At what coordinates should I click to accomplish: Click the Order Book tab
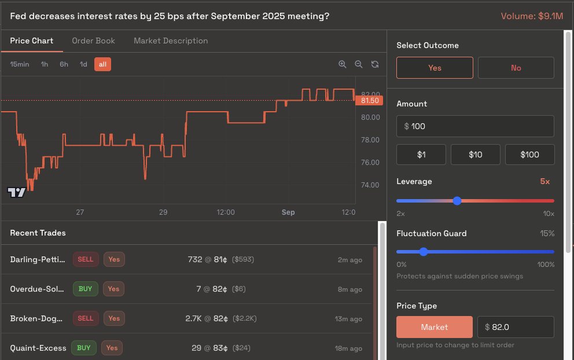[x=93, y=41]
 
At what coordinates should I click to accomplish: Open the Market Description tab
[x=171, y=41]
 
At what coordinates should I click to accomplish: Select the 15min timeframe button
[x=20, y=64]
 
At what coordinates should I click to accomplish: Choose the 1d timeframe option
[x=83, y=64]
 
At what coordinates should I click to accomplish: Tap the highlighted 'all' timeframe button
[x=102, y=64]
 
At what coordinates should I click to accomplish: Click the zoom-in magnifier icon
[x=343, y=64]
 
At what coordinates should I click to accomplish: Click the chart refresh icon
[x=375, y=64]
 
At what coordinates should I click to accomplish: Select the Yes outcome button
[x=435, y=68]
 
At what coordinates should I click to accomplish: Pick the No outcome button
[x=516, y=68]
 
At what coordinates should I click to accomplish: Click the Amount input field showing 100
[x=475, y=126]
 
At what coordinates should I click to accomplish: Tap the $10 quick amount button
[x=475, y=155]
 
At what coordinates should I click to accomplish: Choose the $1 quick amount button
[x=421, y=155]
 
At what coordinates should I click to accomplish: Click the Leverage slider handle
[x=457, y=201]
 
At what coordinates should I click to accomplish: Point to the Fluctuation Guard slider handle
[x=424, y=252]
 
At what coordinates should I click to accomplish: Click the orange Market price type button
[x=435, y=327]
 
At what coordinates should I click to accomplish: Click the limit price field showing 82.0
[x=516, y=327]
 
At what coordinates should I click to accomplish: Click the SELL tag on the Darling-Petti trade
[x=86, y=259]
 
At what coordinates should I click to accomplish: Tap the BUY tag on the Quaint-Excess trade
[x=84, y=348]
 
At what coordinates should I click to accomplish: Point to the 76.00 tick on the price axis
[x=370, y=163]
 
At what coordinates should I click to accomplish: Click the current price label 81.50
[x=370, y=101]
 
